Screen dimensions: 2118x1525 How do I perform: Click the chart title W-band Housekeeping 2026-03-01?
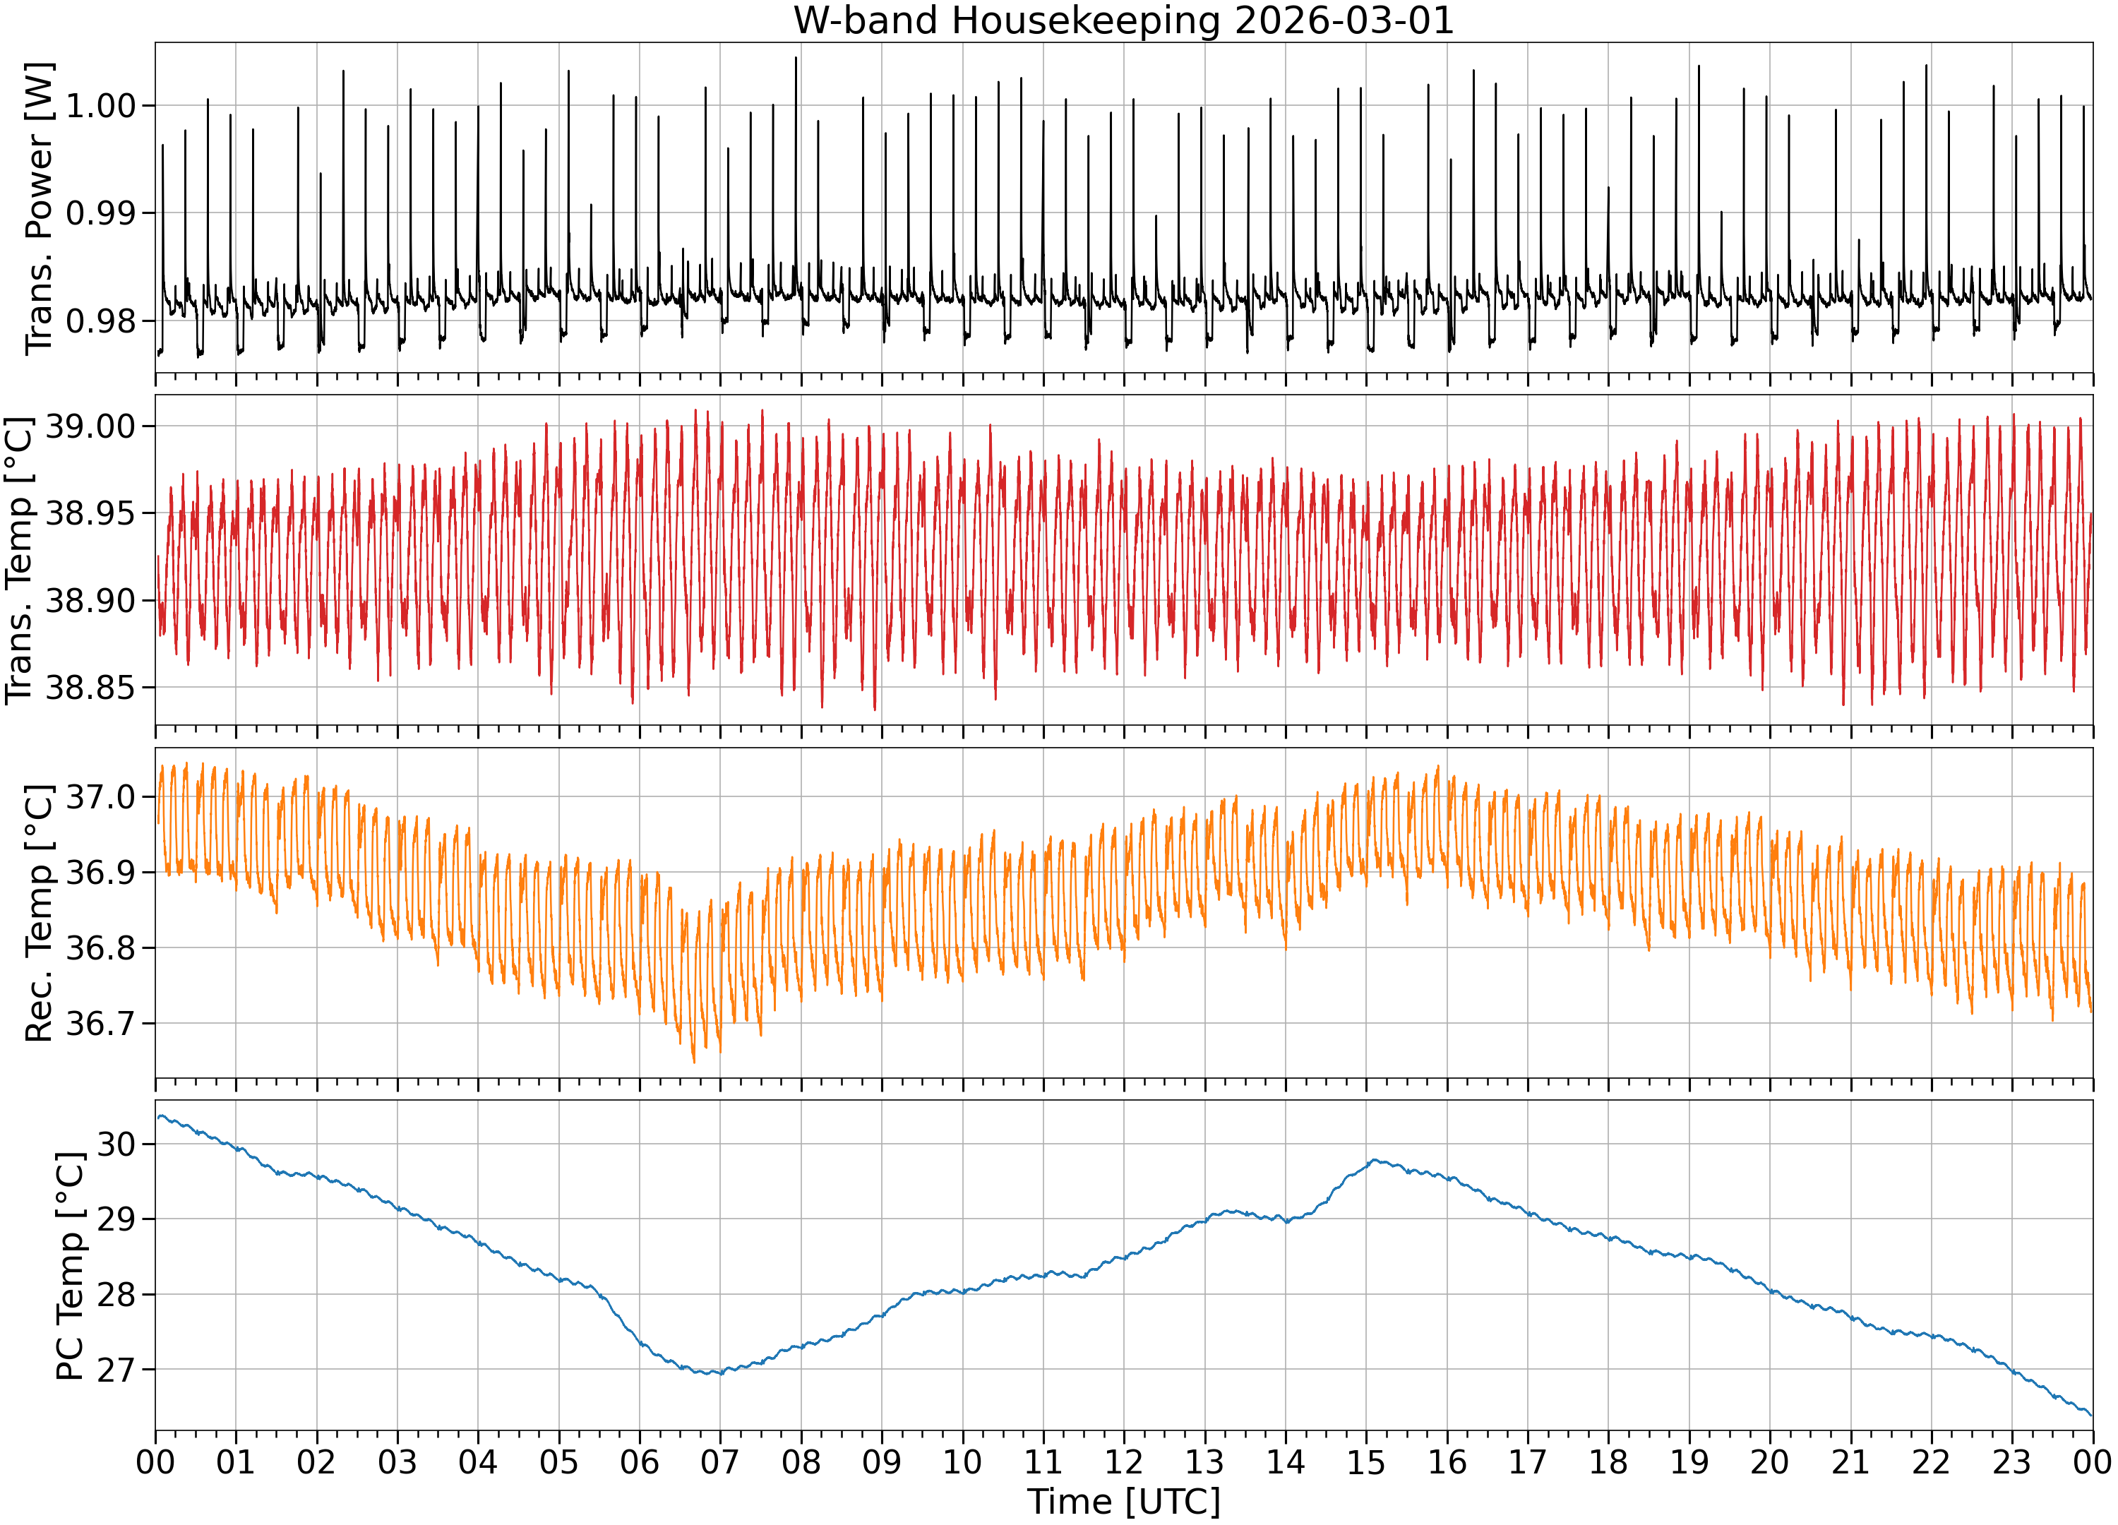1123,20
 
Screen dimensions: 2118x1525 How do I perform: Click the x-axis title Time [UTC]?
1123,1502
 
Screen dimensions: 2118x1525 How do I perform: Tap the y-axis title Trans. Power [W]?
40,208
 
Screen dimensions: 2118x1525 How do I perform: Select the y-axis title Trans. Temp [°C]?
20,561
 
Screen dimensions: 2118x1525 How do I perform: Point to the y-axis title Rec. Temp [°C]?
40,912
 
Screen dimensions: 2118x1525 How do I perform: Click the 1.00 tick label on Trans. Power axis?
101,105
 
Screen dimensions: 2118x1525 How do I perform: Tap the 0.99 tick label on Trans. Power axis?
101,213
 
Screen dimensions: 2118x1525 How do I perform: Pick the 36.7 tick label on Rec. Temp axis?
101,1024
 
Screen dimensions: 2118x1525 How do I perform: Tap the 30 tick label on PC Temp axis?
116,1144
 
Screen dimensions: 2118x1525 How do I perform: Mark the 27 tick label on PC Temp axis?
116,1370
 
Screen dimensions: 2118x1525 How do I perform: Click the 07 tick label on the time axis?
720,1461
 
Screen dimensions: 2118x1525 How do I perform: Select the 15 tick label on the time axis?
1366,1461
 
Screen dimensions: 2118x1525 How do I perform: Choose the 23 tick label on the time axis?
2013,1461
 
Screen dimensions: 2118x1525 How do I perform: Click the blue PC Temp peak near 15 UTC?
1374,1160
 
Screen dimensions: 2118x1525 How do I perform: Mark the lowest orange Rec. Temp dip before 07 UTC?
694,1062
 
